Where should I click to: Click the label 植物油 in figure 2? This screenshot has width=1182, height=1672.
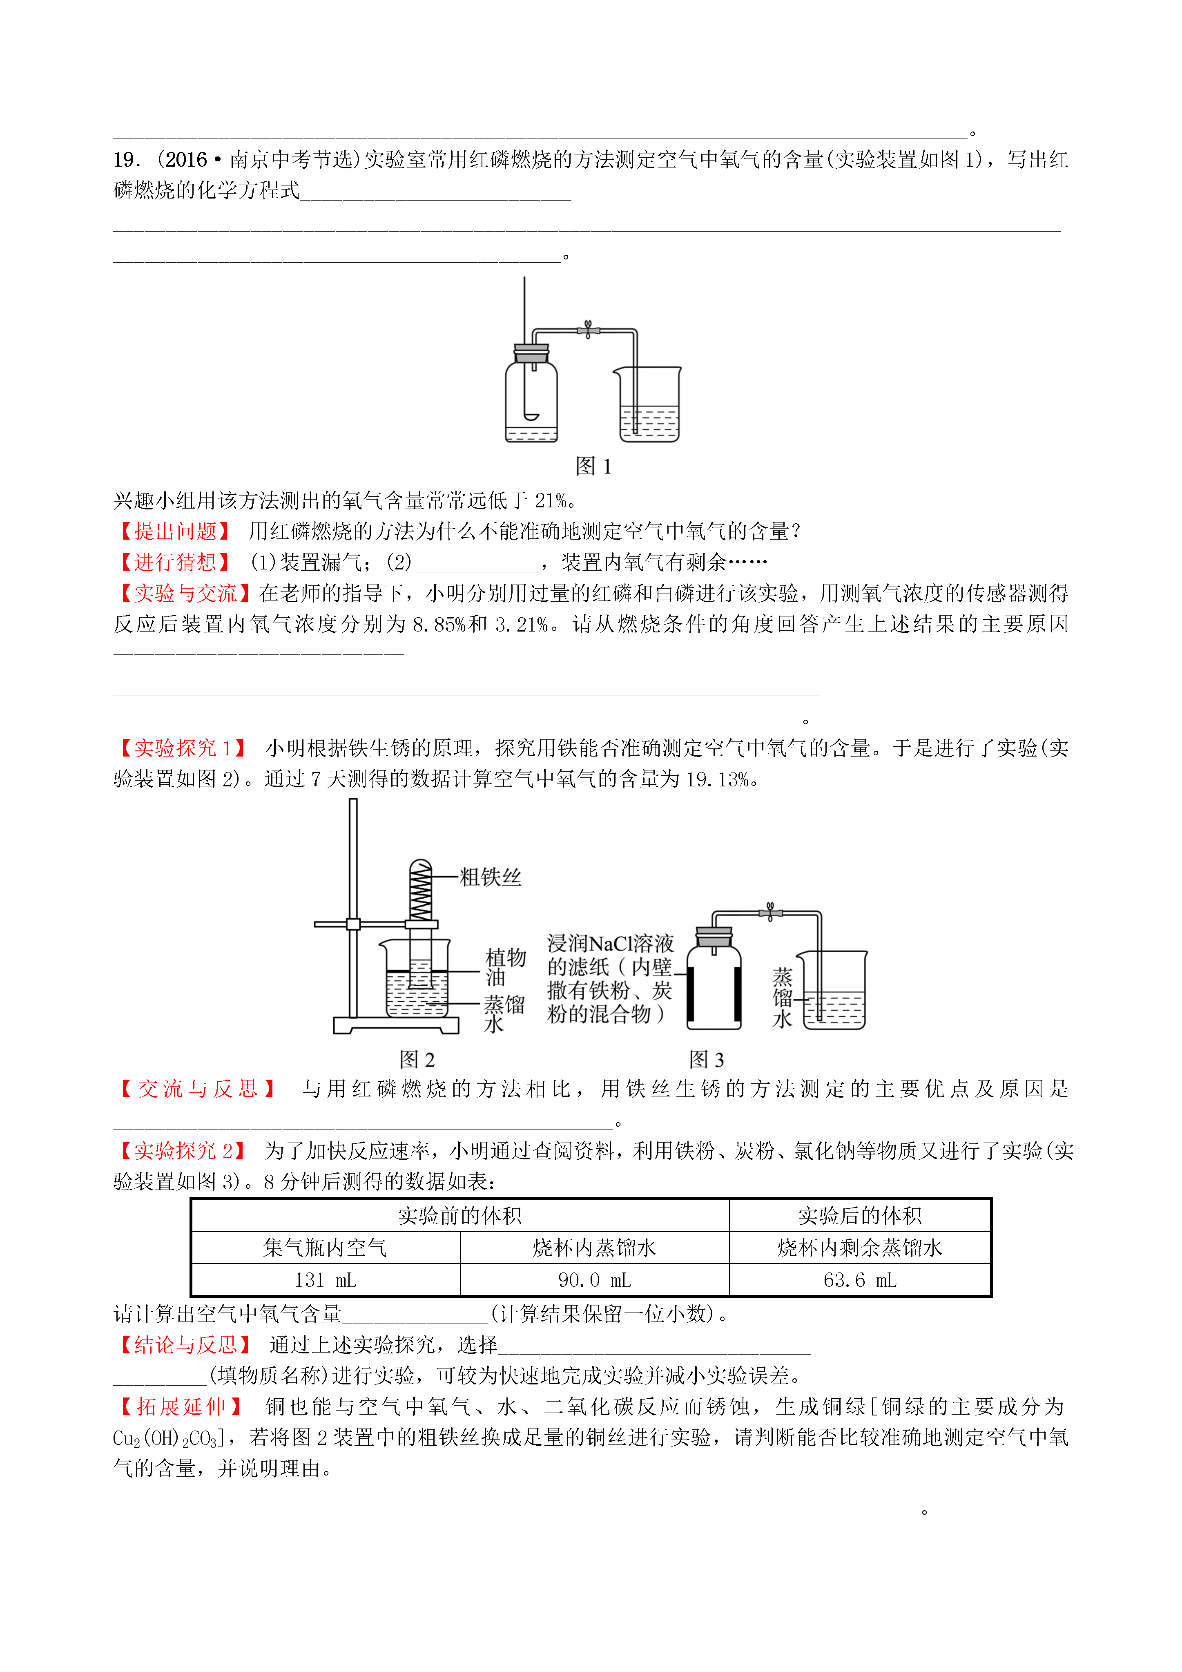(x=505, y=967)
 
